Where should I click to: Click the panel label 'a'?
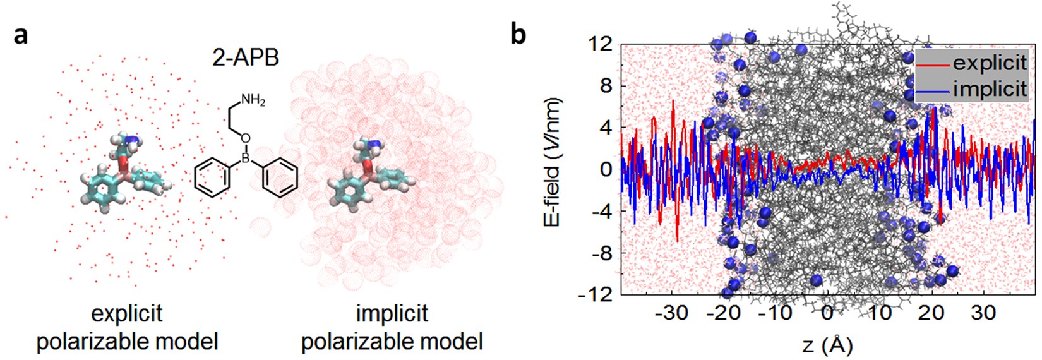21,35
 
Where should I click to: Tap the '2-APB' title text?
245,58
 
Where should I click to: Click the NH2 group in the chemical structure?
253,101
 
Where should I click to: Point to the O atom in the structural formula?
246,138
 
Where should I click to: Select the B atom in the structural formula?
246,158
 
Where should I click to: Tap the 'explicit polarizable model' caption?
127,327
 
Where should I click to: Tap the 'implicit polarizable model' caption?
392,327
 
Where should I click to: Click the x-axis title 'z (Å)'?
827,345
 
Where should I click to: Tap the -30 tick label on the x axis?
671,312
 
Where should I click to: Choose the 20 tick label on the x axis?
931,312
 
